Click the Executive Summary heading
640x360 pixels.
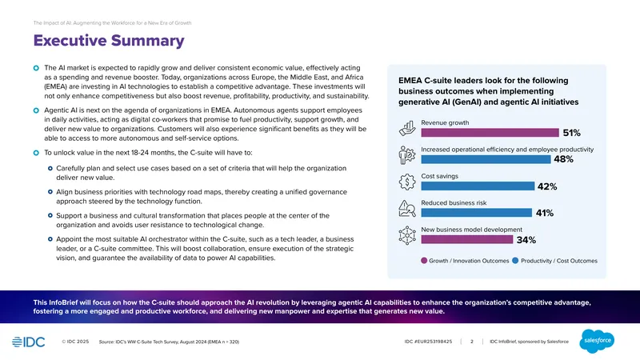coord(109,41)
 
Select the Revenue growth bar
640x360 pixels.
coord(490,133)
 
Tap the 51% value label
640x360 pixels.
coord(571,133)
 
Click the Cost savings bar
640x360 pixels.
coord(478,186)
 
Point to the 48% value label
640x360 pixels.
coord(563,159)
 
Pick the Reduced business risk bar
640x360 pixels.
coord(476,213)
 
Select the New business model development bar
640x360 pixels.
coord(467,239)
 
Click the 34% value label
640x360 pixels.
coord(526,240)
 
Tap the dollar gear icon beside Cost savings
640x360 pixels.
coord(407,182)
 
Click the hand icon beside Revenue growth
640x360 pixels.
coord(407,129)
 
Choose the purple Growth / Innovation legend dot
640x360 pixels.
coord(424,261)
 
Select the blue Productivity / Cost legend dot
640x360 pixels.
coord(515,261)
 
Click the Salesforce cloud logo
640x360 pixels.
coord(597,341)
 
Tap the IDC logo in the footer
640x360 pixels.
coord(29,342)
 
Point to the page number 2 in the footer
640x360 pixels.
coord(472,342)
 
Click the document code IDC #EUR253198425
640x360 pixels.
coord(428,342)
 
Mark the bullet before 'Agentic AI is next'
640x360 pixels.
coord(36,110)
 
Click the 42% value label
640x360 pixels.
coord(547,186)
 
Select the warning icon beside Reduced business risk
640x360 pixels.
coord(407,209)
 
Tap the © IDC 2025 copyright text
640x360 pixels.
coord(75,342)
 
